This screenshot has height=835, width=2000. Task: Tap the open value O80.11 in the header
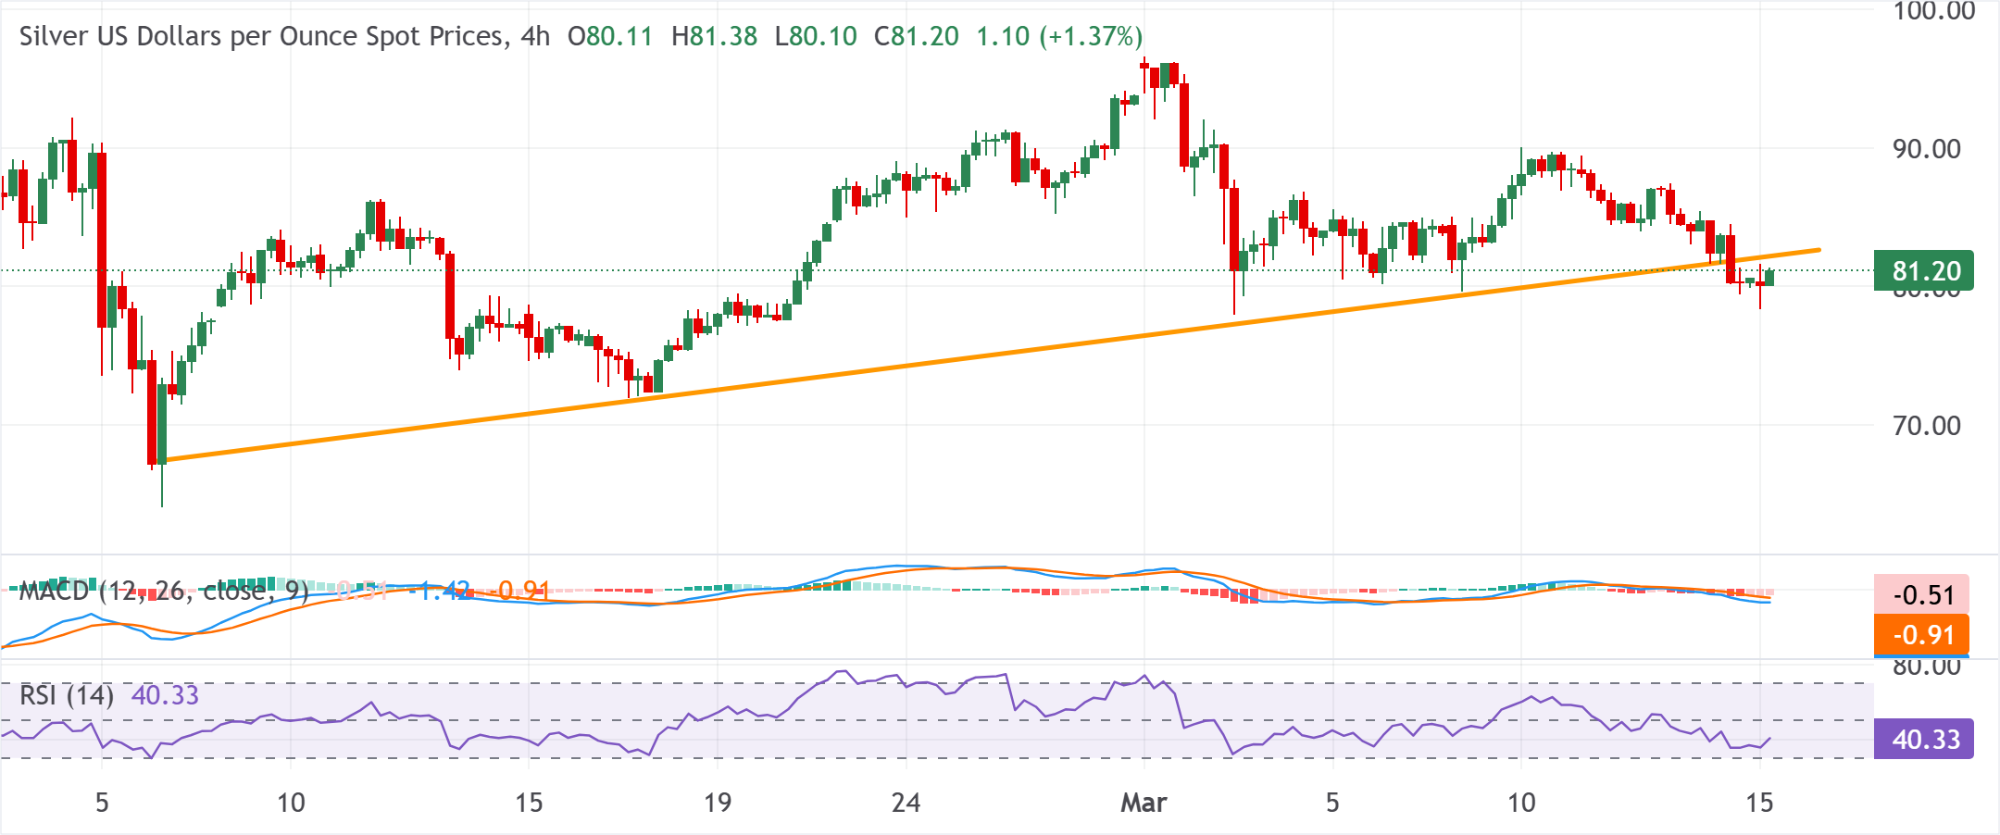coord(610,36)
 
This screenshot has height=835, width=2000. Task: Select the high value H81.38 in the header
coord(714,36)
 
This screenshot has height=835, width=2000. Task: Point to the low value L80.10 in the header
coord(816,36)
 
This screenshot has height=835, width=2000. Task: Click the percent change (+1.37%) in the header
coord(1091,36)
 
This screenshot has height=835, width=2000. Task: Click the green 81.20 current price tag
coord(1924,271)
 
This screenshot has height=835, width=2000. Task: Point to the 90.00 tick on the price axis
coord(1926,149)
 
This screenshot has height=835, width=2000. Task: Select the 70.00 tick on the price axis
coord(1926,426)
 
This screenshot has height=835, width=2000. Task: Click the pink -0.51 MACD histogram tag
coord(1922,594)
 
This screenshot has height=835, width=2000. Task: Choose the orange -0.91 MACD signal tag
coord(1922,635)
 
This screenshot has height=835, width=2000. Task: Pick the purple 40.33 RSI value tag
coord(1924,740)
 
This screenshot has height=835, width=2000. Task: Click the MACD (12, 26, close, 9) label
coord(163,591)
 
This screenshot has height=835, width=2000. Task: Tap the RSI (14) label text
coord(67,695)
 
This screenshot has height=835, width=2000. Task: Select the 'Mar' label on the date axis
coord(1144,802)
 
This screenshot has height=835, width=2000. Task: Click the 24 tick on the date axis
coord(906,802)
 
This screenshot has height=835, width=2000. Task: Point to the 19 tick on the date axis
coord(718,802)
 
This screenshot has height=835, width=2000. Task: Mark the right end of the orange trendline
coord(1819,250)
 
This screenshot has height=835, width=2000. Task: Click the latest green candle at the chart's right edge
coord(1769,277)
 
